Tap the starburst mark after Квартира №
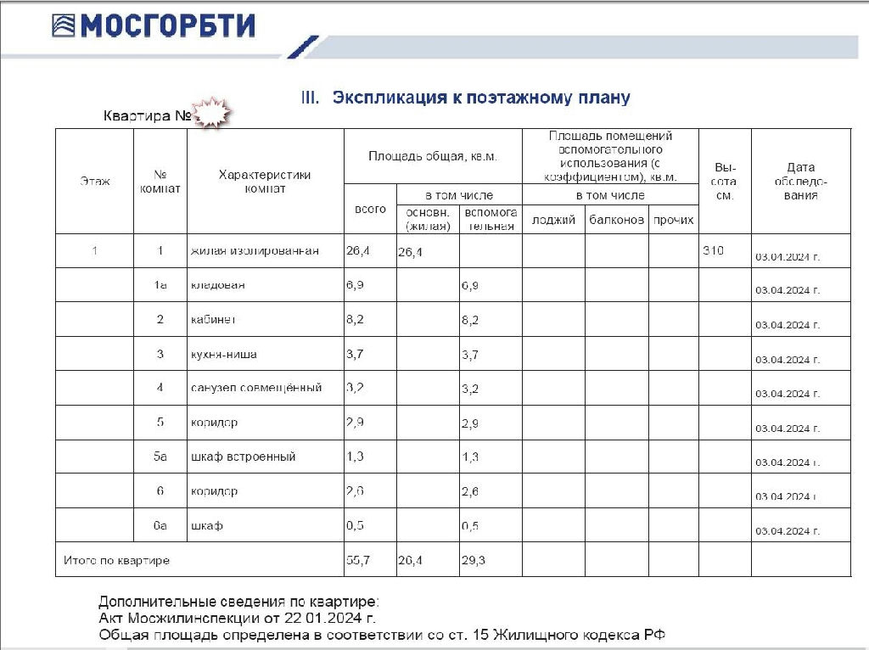pos(212,113)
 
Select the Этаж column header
pos(95,182)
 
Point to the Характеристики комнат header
pos(265,182)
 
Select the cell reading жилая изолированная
pos(255,251)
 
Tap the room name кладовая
pos(218,285)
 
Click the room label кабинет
pos(213,320)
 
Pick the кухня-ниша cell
pos(224,354)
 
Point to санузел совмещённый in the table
pos(256,388)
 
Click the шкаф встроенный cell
pos(244,457)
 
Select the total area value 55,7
pos(357,560)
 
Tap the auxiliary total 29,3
pos(474,560)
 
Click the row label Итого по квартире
pos(117,560)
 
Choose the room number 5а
pos(160,457)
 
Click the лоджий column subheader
pos(553,221)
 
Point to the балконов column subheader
pos(617,221)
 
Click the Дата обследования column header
pos(800,182)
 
